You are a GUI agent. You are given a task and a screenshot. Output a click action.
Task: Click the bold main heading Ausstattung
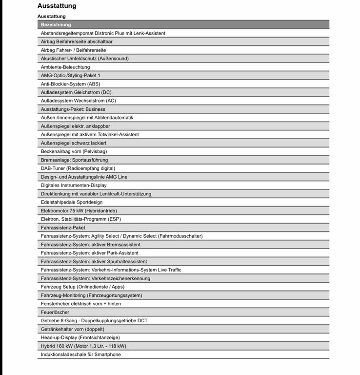point(57,6)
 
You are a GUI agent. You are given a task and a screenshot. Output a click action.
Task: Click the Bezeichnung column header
point(56,24)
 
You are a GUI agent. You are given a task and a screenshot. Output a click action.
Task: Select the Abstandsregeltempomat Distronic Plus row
point(103,33)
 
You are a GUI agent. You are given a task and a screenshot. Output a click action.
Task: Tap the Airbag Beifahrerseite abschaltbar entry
point(77,42)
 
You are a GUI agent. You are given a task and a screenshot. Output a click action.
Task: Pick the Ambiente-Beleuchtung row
point(65,67)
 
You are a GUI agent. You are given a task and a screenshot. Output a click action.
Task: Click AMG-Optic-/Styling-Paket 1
point(71,75)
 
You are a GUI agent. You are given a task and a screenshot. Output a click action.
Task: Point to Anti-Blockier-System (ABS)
point(70,84)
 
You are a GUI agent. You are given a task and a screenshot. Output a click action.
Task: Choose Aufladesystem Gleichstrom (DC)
point(76,92)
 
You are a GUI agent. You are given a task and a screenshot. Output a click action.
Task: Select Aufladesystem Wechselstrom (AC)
point(78,101)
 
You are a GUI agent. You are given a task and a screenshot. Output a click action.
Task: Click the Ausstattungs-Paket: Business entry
point(73,109)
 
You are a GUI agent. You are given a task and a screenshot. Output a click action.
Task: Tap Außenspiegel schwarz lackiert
point(74,143)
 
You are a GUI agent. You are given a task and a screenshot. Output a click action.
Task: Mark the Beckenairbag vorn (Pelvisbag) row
point(74,151)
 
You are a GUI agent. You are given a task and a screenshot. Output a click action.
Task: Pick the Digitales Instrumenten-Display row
point(74,186)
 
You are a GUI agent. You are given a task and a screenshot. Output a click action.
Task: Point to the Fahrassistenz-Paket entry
point(63,228)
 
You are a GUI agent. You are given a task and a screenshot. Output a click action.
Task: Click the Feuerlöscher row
point(55,312)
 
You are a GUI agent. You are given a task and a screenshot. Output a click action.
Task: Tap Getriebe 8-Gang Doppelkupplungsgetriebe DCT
point(94,321)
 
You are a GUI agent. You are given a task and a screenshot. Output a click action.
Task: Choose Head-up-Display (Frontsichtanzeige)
point(80,337)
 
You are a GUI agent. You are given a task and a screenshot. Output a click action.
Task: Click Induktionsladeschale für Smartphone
point(81,354)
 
